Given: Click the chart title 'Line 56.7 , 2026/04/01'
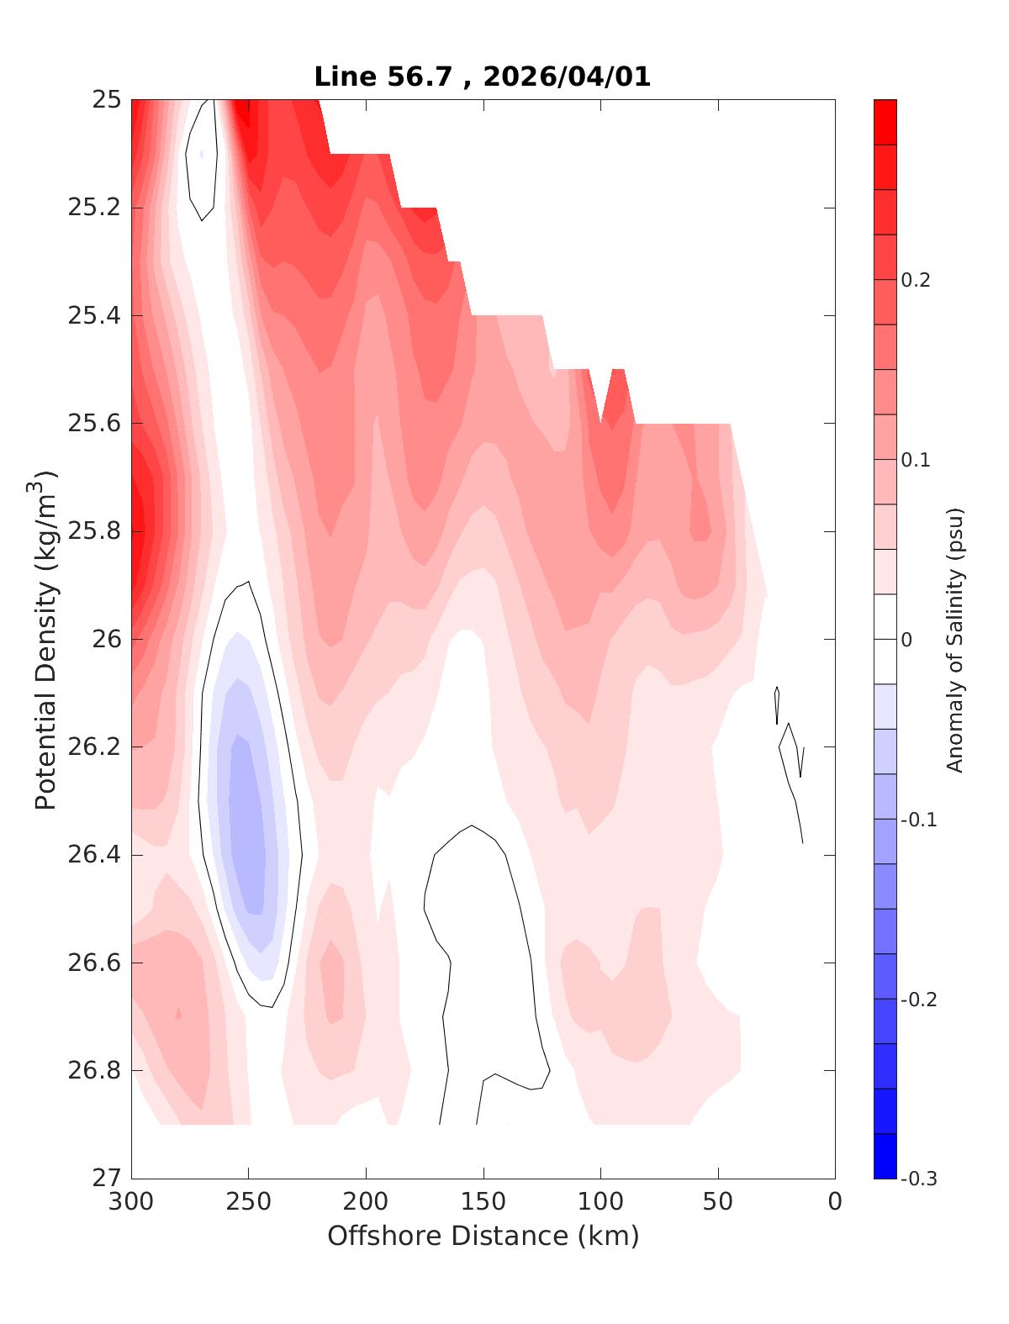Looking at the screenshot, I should [x=482, y=77].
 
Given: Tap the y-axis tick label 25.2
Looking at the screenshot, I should [x=93, y=208].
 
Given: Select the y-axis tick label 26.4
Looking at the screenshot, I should [x=93, y=855].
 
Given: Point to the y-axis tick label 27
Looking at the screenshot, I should [x=106, y=1179].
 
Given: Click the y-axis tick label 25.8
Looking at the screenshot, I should [x=93, y=531].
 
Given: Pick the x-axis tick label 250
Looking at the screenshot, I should [x=248, y=1202].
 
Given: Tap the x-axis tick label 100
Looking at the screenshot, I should [x=600, y=1202].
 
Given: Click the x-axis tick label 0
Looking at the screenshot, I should [x=835, y=1202].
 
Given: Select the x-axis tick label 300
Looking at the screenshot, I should [x=131, y=1202].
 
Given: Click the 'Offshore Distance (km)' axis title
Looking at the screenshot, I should [x=483, y=1237].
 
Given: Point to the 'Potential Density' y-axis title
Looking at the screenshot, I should [x=45, y=639].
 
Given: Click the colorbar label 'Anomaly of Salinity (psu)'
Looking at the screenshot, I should [x=954, y=639].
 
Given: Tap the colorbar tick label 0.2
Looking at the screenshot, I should [x=916, y=280].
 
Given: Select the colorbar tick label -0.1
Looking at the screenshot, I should [x=918, y=820].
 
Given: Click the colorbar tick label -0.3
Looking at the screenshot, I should [x=918, y=1179].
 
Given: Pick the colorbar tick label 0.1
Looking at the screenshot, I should [x=916, y=460].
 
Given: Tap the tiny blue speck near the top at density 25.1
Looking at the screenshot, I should [x=202, y=155].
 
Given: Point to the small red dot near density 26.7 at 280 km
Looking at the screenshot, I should [x=178, y=1014].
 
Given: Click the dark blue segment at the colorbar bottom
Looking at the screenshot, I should [x=885, y=1156].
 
